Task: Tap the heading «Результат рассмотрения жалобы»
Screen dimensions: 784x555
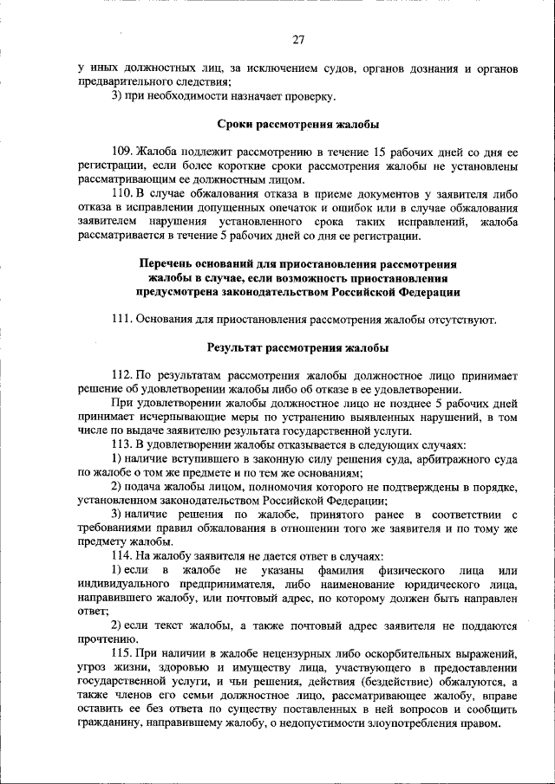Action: pyautogui.click(x=297, y=347)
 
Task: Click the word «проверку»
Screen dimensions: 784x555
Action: pyautogui.click(x=308, y=95)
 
